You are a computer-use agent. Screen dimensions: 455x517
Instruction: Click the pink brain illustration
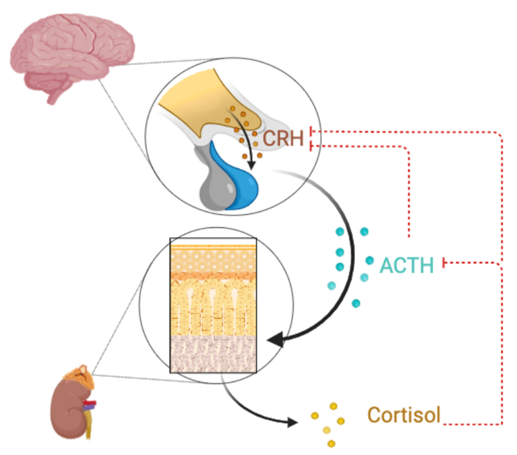(71, 51)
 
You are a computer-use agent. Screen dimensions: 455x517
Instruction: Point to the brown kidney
(70, 410)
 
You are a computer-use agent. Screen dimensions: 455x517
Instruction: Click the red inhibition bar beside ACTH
(444, 263)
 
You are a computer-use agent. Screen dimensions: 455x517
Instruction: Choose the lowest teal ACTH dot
(356, 303)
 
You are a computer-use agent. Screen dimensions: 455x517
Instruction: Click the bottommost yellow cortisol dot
(331, 444)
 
